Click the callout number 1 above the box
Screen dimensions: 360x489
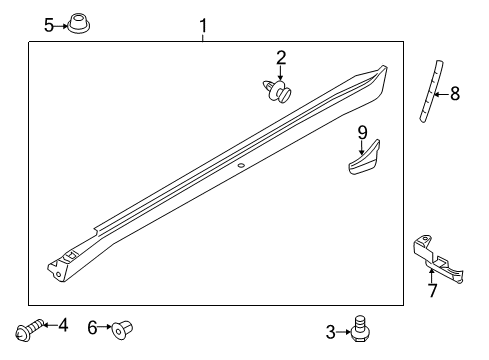pyautogui.click(x=203, y=23)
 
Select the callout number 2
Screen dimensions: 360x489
pyautogui.click(x=281, y=58)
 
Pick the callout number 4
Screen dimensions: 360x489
pyautogui.click(x=63, y=325)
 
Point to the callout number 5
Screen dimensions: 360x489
pyautogui.click(x=50, y=24)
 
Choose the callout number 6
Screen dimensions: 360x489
pyautogui.click(x=93, y=326)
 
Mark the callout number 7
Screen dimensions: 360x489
pyautogui.click(x=433, y=290)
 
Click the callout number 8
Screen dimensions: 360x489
pyautogui.click(x=454, y=94)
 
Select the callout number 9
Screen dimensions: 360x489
pyautogui.click(x=363, y=131)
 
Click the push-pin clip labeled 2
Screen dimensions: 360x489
pyautogui.click(x=279, y=93)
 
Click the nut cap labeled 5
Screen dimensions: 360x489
pyautogui.click(x=79, y=22)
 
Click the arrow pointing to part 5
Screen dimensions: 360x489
pyautogui.click(x=62, y=24)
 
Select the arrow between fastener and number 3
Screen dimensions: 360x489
pyautogui.click(x=345, y=330)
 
